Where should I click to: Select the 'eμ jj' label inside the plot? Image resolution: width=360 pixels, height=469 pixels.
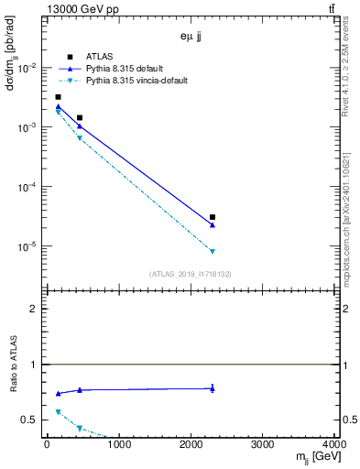click(x=191, y=38)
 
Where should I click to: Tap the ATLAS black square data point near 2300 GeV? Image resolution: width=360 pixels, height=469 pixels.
click(x=213, y=217)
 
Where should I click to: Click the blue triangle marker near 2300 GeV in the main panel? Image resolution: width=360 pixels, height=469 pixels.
click(x=213, y=225)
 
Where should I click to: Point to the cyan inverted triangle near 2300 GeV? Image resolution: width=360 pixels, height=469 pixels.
click(x=213, y=251)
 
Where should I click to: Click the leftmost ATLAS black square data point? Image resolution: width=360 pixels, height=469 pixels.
click(x=58, y=97)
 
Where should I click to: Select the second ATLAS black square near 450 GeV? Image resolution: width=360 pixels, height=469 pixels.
click(x=80, y=117)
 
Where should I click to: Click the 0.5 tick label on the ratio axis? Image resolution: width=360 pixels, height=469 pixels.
click(x=31, y=420)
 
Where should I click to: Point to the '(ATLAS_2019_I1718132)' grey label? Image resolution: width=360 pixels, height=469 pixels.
click(x=191, y=274)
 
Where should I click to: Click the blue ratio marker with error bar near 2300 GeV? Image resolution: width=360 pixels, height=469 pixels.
click(x=213, y=388)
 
